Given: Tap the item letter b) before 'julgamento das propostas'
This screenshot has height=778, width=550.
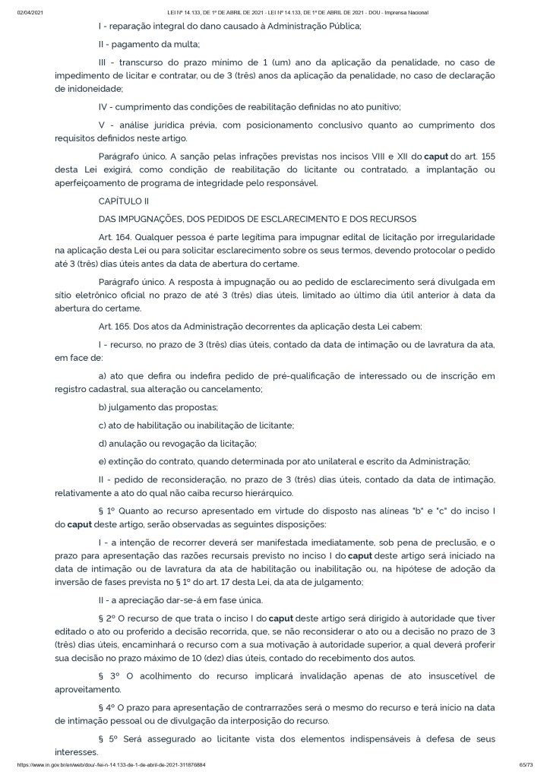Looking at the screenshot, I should pos(103,407).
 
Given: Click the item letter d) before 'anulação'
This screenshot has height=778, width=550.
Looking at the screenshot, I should pos(103,443).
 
